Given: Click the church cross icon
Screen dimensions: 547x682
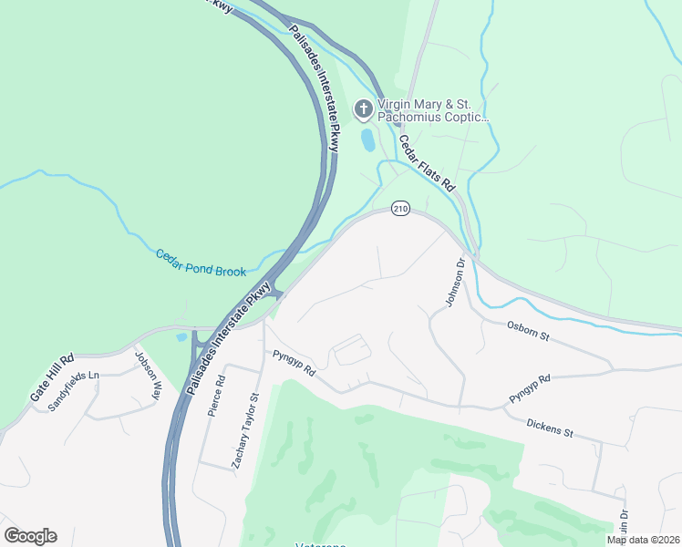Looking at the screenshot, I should (363, 110).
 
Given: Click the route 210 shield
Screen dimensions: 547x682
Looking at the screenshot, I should (399, 209).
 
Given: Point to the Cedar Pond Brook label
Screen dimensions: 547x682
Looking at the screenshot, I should (195, 262).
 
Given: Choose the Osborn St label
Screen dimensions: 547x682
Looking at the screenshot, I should (530, 331).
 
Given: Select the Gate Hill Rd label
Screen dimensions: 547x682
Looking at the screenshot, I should (51, 378).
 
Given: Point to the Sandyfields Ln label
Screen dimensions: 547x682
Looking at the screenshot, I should (72, 390).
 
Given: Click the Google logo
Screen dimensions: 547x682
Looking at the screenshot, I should (30, 536).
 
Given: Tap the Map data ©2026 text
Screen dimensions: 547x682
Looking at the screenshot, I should (643, 540).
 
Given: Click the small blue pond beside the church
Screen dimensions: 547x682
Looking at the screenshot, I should (367, 140).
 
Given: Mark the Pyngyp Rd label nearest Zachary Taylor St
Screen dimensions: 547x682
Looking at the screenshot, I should (292, 365).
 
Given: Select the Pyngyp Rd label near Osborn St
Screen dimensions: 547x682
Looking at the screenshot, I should (530, 390).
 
